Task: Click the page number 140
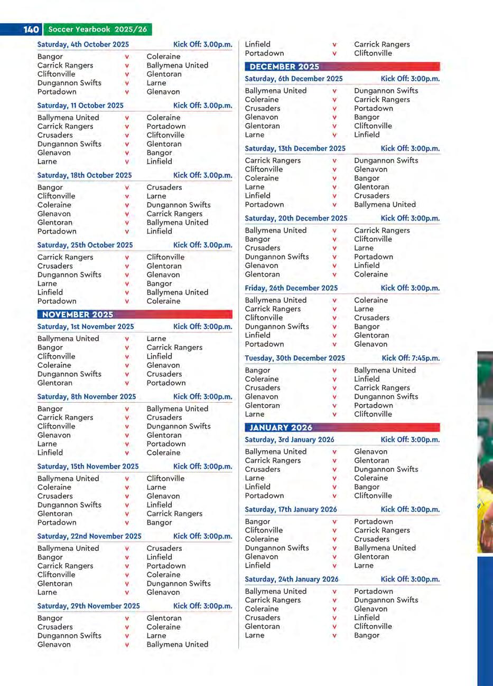[31, 30]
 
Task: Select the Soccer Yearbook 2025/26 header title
[97, 30]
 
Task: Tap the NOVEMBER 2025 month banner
[78, 315]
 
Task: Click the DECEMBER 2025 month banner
[284, 66]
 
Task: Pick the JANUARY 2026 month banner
[281, 427]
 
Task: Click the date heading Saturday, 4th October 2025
[83, 44]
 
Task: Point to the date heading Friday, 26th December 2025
[291, 288]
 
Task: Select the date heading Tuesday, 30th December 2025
[295, 358]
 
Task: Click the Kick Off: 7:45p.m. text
[411, 358]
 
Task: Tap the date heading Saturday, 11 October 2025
[80, 106]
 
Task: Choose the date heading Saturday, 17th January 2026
[291, 509]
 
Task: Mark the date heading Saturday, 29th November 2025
[88, 606]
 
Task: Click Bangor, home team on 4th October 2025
[50, 56]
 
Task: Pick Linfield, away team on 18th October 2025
[159, 231]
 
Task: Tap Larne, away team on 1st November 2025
[156, 339]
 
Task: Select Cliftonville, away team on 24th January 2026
[373, 626]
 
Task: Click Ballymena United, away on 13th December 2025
[385, 204]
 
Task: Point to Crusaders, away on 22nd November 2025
[164, 548]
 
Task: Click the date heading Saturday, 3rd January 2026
[289, 440]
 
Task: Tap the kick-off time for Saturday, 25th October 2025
[202, 245]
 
